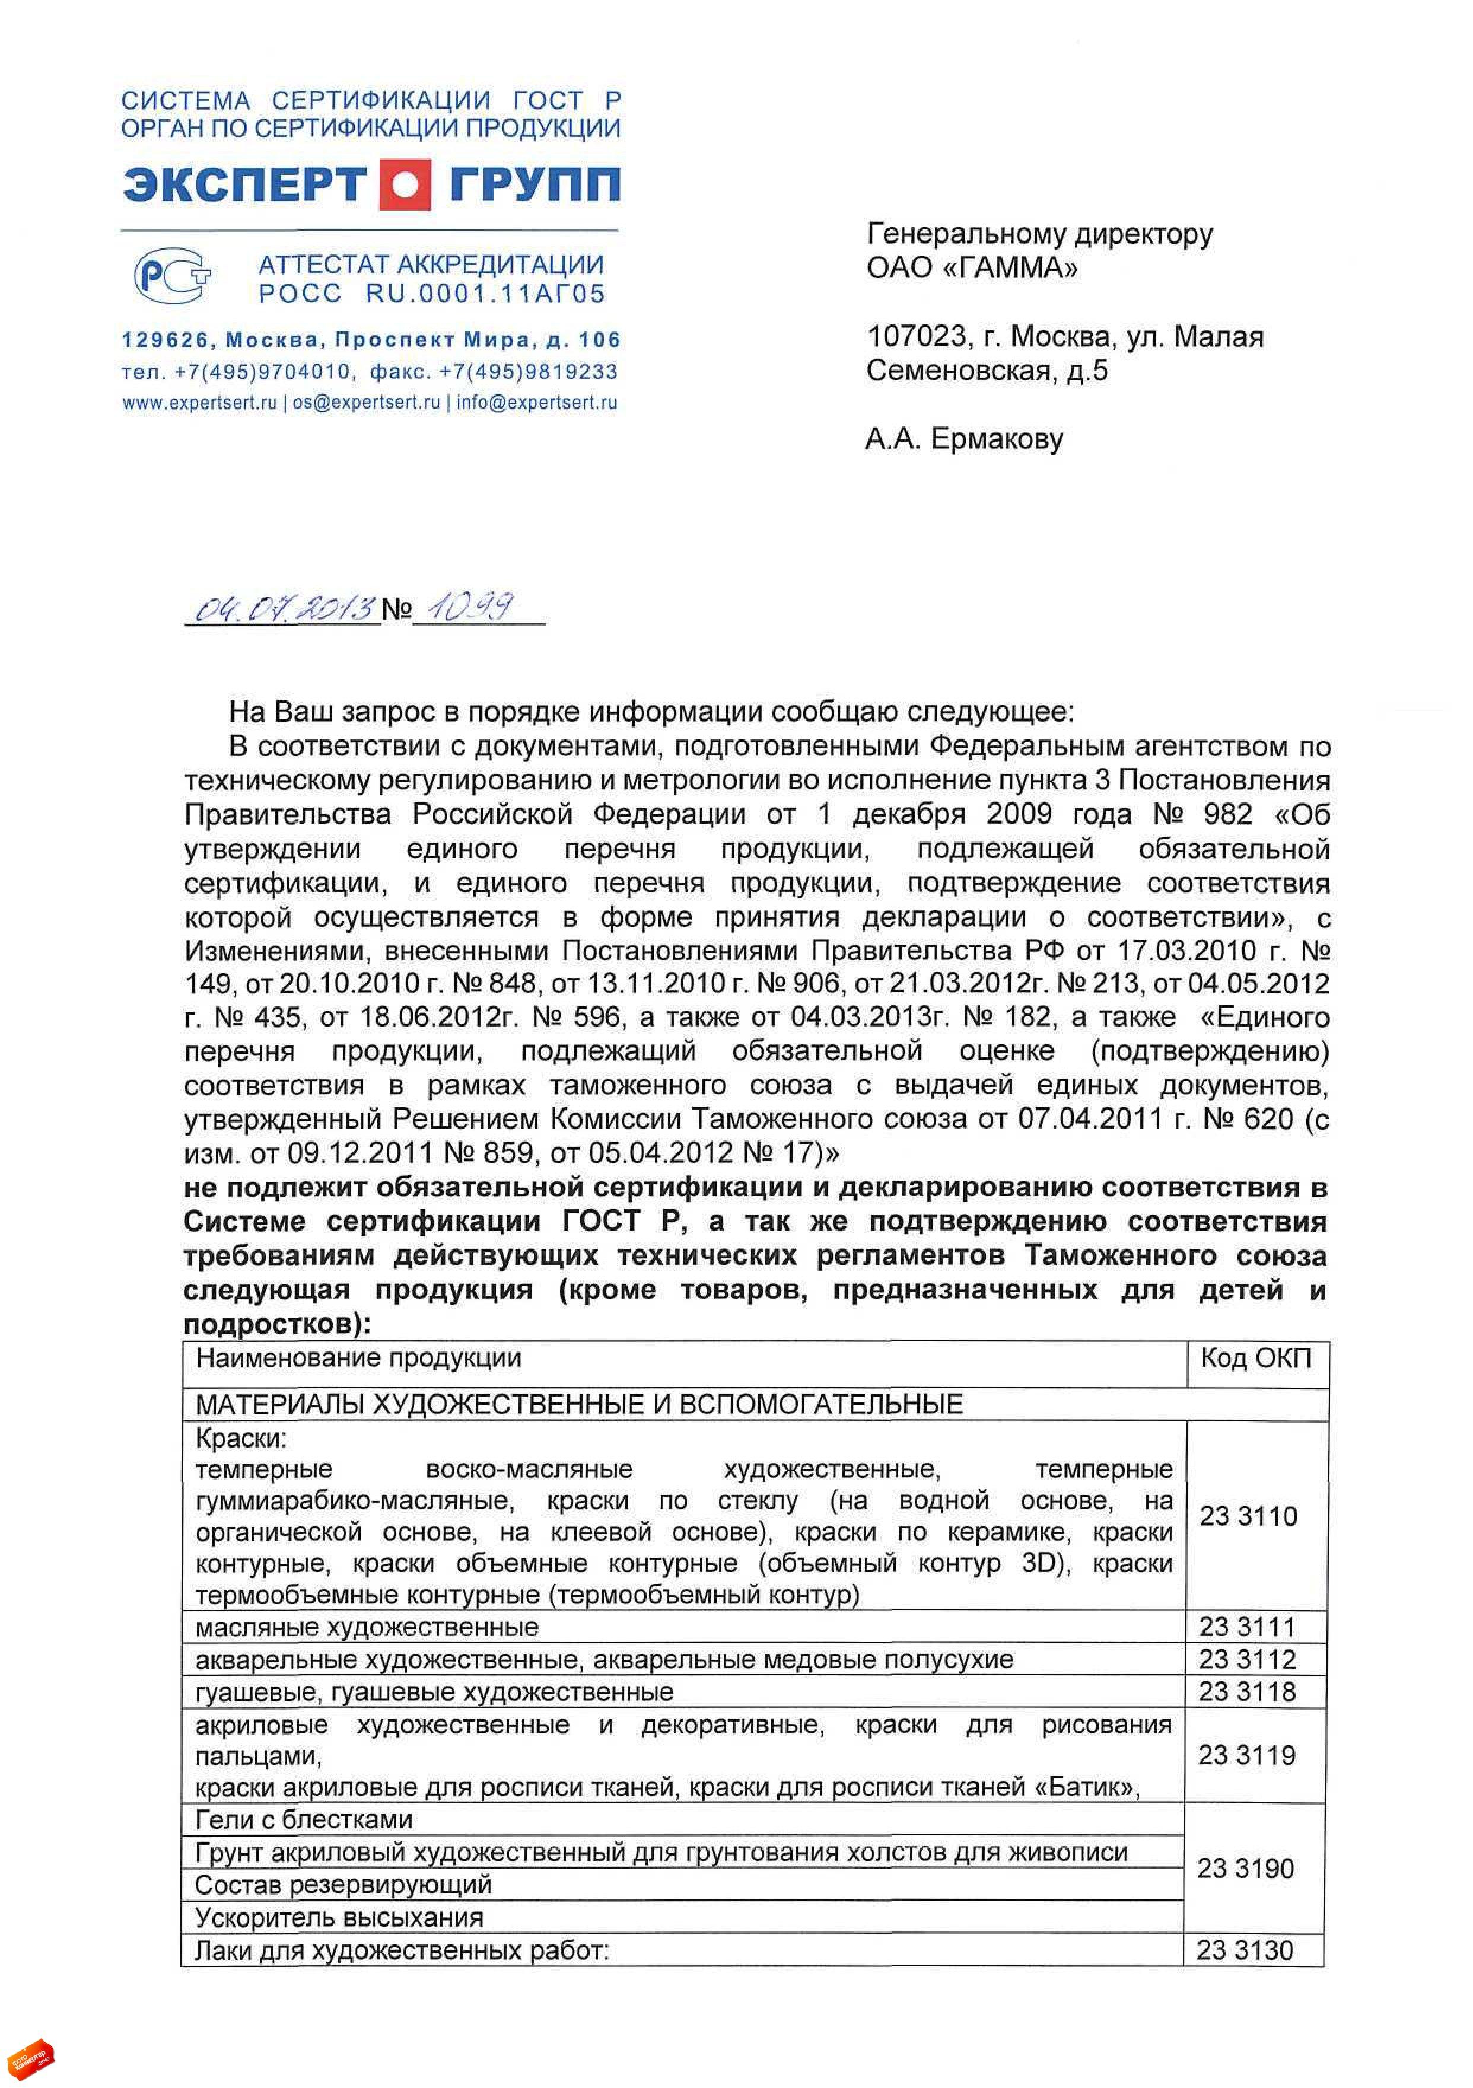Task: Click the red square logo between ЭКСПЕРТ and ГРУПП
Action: (x=404, y=184)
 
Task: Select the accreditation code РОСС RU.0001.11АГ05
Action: (x=431, y=294)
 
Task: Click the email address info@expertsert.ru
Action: (x=537, y=402)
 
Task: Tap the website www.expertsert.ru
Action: (x=199, y=402)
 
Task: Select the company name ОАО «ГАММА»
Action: (x=972, y=267)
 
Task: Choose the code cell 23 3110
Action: (x=1248, y=1516)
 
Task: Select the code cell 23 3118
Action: (x=1246, y=1691)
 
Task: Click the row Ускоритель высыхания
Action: (x=339, y=1917)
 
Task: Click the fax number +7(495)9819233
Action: (x=528, y=371)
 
